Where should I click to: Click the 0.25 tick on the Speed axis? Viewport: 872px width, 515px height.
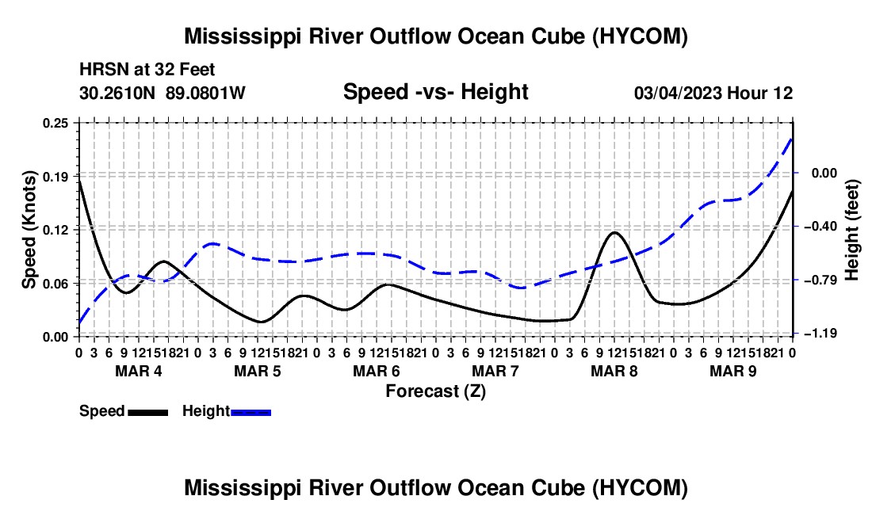55,123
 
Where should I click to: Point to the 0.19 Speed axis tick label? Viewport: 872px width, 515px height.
55,177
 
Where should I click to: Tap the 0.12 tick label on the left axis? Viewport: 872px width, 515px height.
55,230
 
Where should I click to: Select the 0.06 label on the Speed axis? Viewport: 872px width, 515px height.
55,284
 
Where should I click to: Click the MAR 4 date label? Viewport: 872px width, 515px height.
139,371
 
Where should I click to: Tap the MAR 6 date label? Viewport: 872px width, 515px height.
377,371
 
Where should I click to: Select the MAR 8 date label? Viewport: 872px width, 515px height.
614,371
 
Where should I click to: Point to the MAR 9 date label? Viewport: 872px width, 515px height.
733,371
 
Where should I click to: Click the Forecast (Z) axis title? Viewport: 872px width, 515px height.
436,391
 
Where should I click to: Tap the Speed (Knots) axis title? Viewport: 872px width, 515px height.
29,230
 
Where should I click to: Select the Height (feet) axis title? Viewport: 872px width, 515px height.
852,230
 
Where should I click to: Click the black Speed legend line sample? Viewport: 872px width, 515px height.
148,413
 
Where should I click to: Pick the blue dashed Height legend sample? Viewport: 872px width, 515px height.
251,413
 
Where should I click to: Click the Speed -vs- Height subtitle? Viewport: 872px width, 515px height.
436,92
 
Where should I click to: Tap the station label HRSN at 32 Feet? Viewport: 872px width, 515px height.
147,70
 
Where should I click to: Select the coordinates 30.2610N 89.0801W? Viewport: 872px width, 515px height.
163,93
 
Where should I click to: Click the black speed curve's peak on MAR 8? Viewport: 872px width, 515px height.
614,232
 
